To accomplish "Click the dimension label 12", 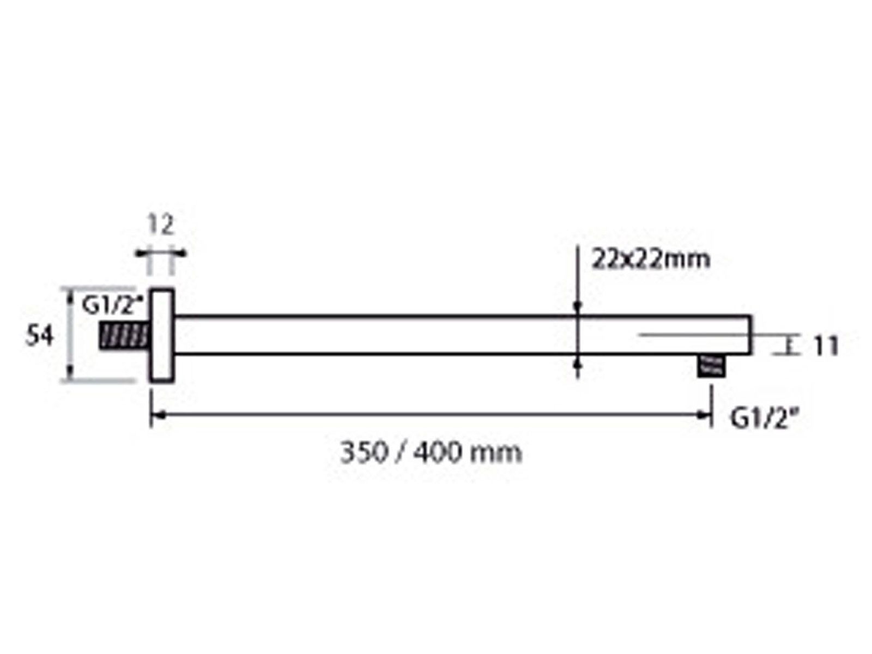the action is (160, 225).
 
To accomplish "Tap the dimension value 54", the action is (39, 336).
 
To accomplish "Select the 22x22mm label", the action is (650, 260).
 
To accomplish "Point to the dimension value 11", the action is (826, 346).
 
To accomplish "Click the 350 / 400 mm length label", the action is (431, 452).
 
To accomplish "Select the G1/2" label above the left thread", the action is (112, 305).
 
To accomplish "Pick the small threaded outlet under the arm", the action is (711, 365).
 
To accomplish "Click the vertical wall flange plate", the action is (162, 336).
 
